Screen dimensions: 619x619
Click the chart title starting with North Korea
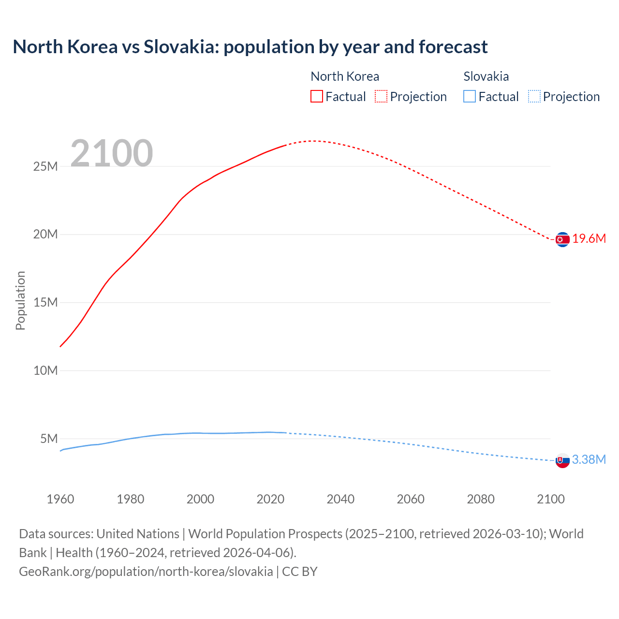click(250, 47)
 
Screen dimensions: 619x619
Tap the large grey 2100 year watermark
click(112, 153)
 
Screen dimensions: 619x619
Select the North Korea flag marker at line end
click(562, 239)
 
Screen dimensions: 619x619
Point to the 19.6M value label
click(589, 239)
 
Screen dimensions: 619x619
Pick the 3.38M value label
click(589, 459)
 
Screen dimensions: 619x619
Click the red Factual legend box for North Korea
click(316, 97)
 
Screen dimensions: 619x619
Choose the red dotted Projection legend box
click(381, 97)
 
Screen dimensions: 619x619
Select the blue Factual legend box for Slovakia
click(469, 97)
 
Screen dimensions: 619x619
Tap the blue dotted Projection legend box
click(534, 97)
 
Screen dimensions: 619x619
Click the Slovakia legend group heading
click(486, 76)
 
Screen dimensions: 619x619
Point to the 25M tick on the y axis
click(45, 166)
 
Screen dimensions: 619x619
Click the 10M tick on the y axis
click(45, 370)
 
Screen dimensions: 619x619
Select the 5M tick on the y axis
click(49, 439)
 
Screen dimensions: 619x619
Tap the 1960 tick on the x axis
click(60, 499)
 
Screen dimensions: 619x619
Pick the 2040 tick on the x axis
click(340, 499)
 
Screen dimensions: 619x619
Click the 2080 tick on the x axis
click(481, 499)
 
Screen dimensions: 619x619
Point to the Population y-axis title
click(20, 300)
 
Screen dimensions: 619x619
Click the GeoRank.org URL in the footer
click(146, 572)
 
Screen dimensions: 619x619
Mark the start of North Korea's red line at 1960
click(60, 346)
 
